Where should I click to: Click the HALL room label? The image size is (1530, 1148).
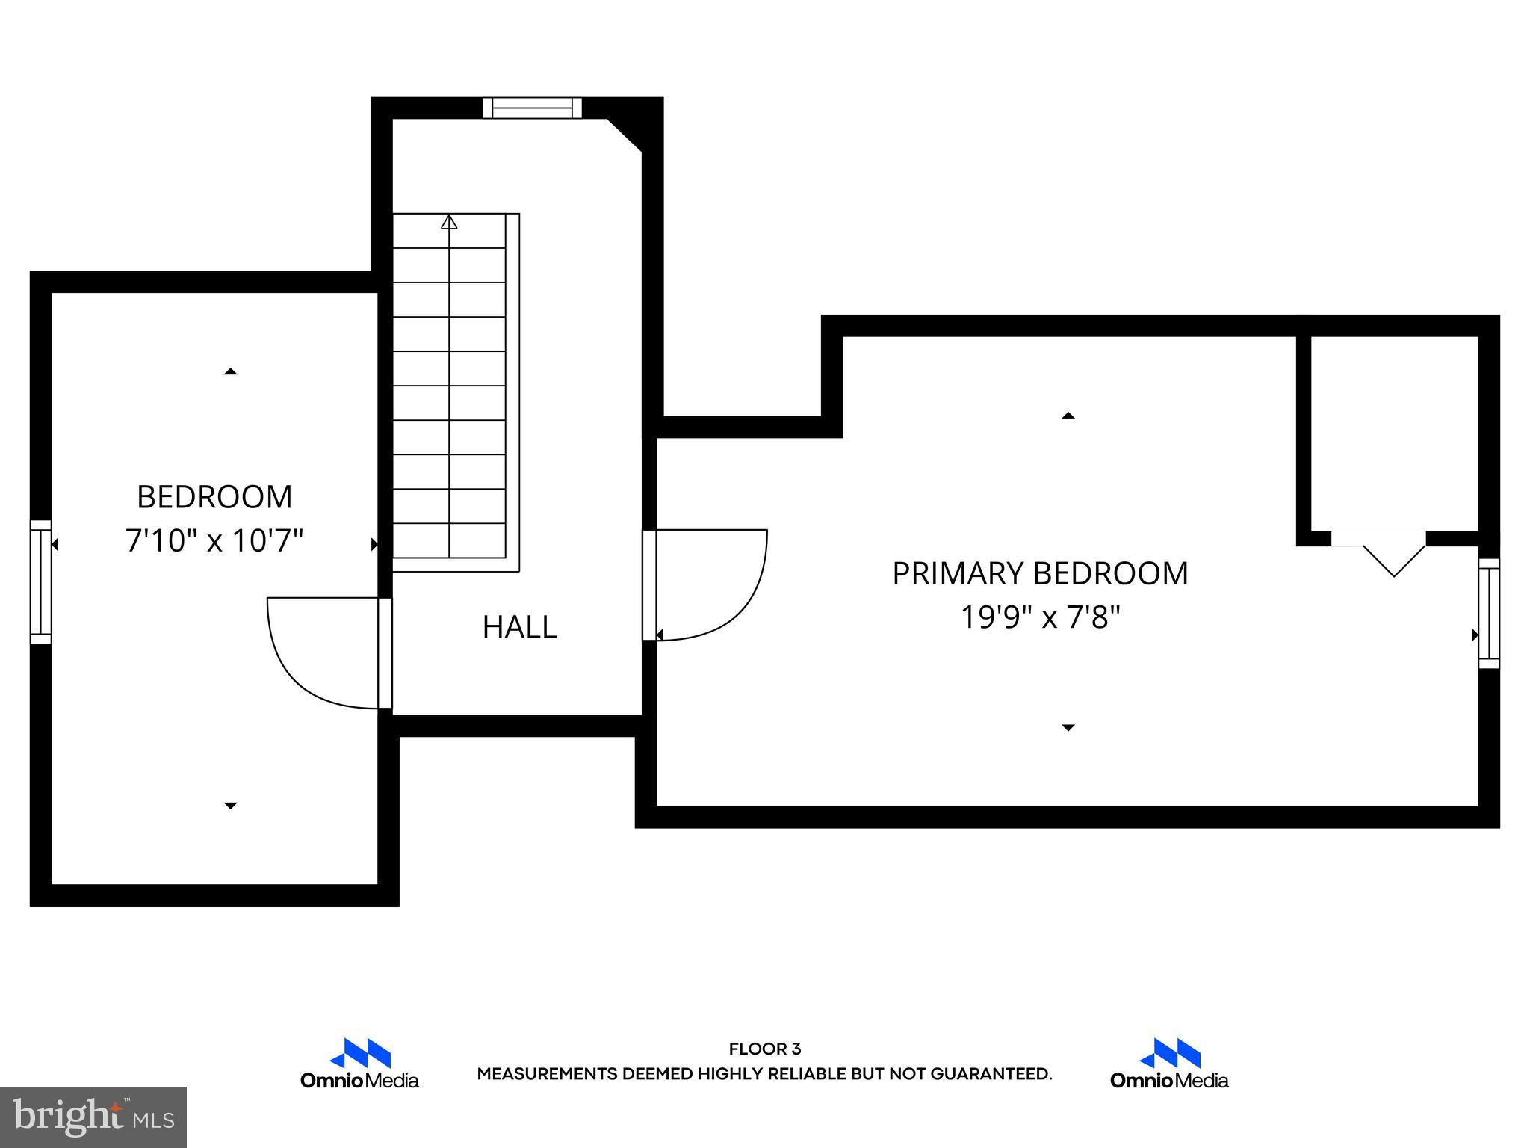point(519,627)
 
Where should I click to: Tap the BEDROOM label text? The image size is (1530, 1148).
point(214,497)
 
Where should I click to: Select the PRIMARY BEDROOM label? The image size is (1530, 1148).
point(1040,574)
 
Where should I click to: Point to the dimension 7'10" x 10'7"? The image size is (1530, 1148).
point(214,540)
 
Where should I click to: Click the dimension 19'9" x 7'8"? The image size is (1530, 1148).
point(1040,618)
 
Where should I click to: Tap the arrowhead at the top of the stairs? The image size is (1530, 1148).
point(449,222)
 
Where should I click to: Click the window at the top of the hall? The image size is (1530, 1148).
point(532,108)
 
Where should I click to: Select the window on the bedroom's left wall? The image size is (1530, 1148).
point(41,581)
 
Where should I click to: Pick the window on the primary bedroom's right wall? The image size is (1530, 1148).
point(1488,613)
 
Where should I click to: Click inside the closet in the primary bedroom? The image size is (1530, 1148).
point(1394,433)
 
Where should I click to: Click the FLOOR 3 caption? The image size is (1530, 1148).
point(764,1049)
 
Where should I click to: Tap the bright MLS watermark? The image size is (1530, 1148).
point(93,1117)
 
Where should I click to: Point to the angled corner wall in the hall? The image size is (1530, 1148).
point(625,135)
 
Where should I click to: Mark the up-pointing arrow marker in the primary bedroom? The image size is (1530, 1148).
point(1068,416)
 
